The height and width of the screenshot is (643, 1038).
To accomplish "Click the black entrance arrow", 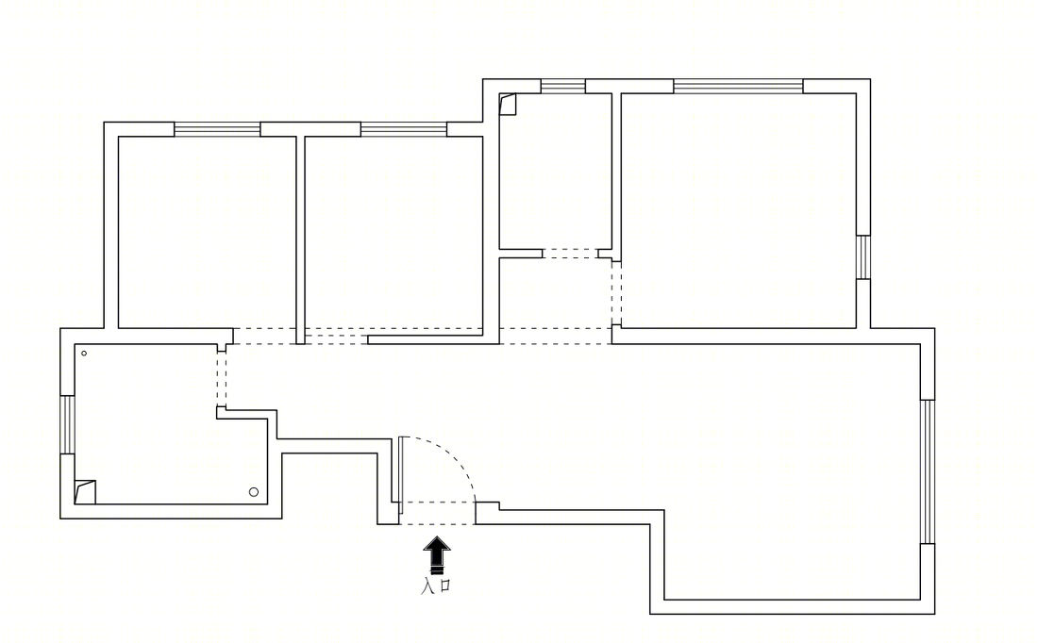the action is click(437, 554).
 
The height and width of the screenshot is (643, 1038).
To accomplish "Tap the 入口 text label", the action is click(436, 585).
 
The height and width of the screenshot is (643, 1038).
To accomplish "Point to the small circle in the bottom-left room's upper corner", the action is click(84, 354).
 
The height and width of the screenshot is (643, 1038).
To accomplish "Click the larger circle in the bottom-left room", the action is click(254, 491).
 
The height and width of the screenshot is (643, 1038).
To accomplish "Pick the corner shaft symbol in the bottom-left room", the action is click(85, 492).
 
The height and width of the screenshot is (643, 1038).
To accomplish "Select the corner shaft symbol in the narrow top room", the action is click(507, 105).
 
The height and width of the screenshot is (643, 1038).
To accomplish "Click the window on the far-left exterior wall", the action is click(68, 424).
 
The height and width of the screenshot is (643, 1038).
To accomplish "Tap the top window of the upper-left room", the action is click(217, 130).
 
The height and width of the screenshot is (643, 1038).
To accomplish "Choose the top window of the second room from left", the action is click(404, 130).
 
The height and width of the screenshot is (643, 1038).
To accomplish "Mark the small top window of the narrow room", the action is click(563, 86).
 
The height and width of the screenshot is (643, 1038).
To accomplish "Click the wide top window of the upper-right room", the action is click(739, 86).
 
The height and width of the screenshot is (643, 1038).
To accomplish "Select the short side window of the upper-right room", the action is click(863, 257).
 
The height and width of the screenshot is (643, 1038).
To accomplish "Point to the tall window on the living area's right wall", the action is click(928, 471).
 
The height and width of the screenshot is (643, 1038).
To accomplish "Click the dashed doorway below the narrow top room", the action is click(571, 254).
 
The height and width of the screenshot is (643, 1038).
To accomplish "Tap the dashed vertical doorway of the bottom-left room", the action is click(221, 379).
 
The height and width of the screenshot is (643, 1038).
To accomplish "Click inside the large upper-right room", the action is click(739, 210).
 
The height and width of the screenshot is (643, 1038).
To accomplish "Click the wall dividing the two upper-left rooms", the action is click(300, 240).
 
